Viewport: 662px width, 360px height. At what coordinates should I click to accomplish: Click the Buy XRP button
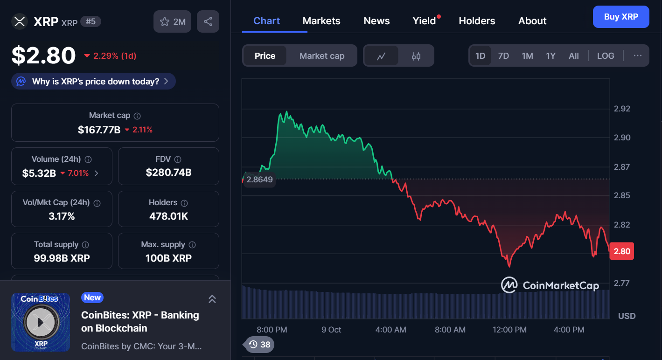[620, 17]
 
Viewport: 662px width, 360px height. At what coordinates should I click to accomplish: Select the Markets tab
[321, 21]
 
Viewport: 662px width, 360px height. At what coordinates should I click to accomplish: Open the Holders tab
[477, 21]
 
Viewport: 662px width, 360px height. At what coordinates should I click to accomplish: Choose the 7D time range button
[503, 56]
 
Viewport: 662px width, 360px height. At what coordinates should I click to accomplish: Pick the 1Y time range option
[551, 56]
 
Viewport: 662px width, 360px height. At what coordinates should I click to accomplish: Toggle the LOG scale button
[606, 56]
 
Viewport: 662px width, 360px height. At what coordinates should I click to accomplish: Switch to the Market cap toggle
[321, 56]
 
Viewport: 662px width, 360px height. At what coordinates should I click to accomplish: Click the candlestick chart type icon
[416, 56]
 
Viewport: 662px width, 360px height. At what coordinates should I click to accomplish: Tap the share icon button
[208, 21]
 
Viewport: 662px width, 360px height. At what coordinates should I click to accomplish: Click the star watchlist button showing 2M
[172, 21]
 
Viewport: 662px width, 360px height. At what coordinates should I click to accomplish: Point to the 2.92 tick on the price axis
[621, 109]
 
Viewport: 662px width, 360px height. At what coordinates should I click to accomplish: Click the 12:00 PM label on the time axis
[509, 330]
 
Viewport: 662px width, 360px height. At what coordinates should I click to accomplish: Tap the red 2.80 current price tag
[621, 251]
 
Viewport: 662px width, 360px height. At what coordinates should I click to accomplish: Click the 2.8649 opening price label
[259, 180]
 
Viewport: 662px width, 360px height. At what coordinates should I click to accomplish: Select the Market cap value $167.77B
[99, 130]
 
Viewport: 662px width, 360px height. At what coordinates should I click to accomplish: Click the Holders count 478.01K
[168, 216]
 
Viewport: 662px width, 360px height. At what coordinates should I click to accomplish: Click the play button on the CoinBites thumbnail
[41, 322]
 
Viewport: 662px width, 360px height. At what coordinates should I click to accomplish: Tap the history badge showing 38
[259, 345]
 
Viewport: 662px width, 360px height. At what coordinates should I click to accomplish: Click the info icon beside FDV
[177, 159]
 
